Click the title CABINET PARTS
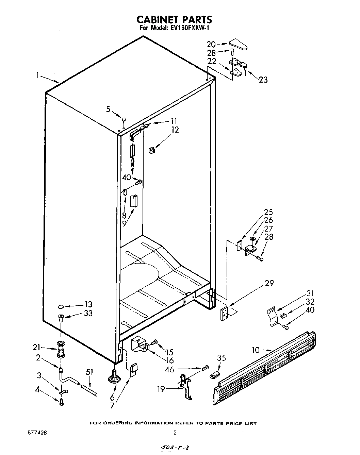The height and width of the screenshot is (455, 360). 174,19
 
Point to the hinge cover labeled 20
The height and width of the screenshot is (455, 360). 239,44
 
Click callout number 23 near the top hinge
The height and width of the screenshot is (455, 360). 263,80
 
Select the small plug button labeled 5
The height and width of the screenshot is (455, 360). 124,119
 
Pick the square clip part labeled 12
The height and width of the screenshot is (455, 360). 152,149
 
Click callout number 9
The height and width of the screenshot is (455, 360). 125,223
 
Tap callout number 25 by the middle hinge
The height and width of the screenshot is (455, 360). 268,212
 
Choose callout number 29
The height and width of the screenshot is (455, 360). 269,283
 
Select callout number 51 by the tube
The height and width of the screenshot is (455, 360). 89,373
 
